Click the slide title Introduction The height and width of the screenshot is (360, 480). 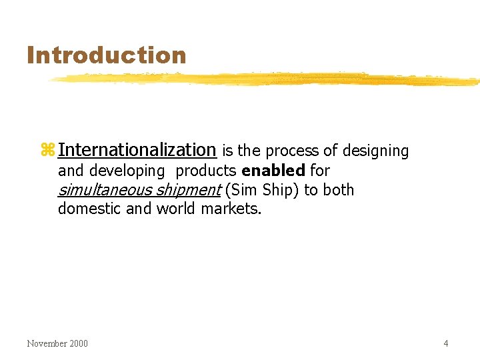(106, 55)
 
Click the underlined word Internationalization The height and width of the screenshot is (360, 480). (137, 150)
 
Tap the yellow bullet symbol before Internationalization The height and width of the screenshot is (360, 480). (47, 151)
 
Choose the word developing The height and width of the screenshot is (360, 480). (126, 171)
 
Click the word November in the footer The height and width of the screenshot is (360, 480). (47, 343)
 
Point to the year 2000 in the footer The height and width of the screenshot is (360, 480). (78, 343)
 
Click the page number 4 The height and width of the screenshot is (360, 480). (445, 343)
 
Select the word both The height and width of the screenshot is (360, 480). (338, 190)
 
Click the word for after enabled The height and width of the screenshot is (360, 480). (320, 171)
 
